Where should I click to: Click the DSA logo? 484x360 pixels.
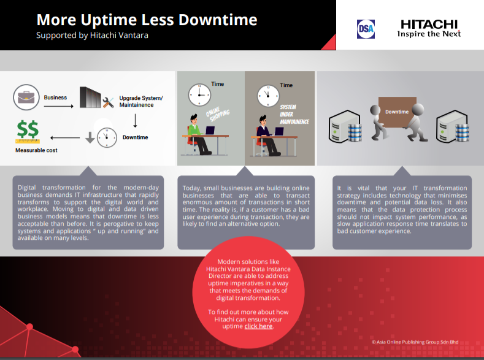pos(366,29)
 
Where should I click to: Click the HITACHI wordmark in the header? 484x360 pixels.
pos(429,25)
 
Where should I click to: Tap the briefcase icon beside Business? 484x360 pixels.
pos(26,97)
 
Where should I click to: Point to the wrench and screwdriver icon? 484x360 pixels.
pos(108,102)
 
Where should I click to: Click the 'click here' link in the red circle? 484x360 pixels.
pos(258,326)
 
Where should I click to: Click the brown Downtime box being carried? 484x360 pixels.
pos(398,112)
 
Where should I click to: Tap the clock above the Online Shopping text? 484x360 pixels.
pos(199,94)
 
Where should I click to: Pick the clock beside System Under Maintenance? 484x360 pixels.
pos(268,96)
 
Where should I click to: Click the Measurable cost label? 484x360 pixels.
pos(36,150)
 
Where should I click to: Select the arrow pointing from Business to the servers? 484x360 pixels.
pos(59,106)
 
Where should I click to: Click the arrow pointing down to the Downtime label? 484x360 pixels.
pos(135,121)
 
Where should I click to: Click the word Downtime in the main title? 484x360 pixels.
pos(218,20)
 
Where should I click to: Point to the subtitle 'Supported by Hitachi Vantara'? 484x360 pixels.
pos(92,35)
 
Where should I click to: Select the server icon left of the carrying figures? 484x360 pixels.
pos(345,126)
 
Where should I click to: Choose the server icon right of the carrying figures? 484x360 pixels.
pos(453,126)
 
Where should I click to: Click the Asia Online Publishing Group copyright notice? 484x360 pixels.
pos(415,342)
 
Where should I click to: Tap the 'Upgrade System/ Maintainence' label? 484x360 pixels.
pos(141,101)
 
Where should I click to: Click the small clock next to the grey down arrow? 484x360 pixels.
pos(107,137)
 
